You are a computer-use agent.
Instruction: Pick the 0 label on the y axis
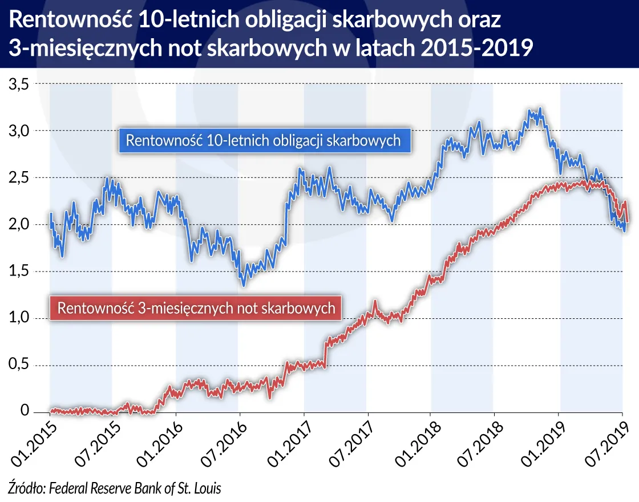click(25, 411)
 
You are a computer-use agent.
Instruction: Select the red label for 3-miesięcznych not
click(196, 309)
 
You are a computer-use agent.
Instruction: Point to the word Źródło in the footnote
click(26, 488)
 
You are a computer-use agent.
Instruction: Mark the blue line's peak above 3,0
click(539, 108)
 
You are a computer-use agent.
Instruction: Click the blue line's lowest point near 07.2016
click(244, 285)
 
